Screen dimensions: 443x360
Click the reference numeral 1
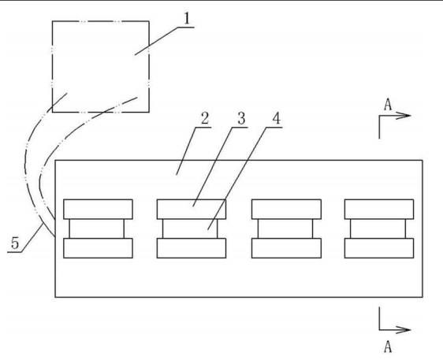pyautogui.click(x=187, y=19)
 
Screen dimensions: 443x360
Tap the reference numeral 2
pyautogui.click(x=205, y=119)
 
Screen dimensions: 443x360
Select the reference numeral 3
pyautogui.click(x=241, y=119)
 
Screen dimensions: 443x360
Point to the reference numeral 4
pyautogui.click(x=277, y=119)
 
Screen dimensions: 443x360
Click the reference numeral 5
pyautogui.click(x=15, y=243)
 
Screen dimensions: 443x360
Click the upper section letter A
pyautogui.click(x=388, y=105)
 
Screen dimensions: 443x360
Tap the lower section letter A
pyautogui.click(x=388, y=347)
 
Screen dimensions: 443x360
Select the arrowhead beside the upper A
pyautogui.click(x=403, y=116)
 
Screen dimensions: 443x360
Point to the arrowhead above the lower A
pyautogui.click(x=403, y=329)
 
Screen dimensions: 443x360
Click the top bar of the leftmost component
pyautogui.click(x=98, y=210)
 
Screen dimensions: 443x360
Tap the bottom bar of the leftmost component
pyautogui.click(x=98, y=248)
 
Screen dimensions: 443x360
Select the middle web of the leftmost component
pyautogui.click(x=97, y=228)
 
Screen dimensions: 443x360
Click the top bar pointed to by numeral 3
pyautogui.click(x=192, y=210)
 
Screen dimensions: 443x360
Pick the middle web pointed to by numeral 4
pyautogui.click(x=190, y=228)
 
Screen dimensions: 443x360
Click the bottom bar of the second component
pyautogui.click(x=192, y=248)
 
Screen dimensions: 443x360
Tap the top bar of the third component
pyautogui.click(x=286, y=210)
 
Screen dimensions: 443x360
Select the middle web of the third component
pyautogui.click(x=285, y=228)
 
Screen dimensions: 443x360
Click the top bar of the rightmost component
pyautogui.click(x=379, y=210)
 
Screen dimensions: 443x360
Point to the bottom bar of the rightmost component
pyautogui.click(x=379, y=248)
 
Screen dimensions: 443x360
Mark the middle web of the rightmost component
pyautogui.click(x=378, y=228)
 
